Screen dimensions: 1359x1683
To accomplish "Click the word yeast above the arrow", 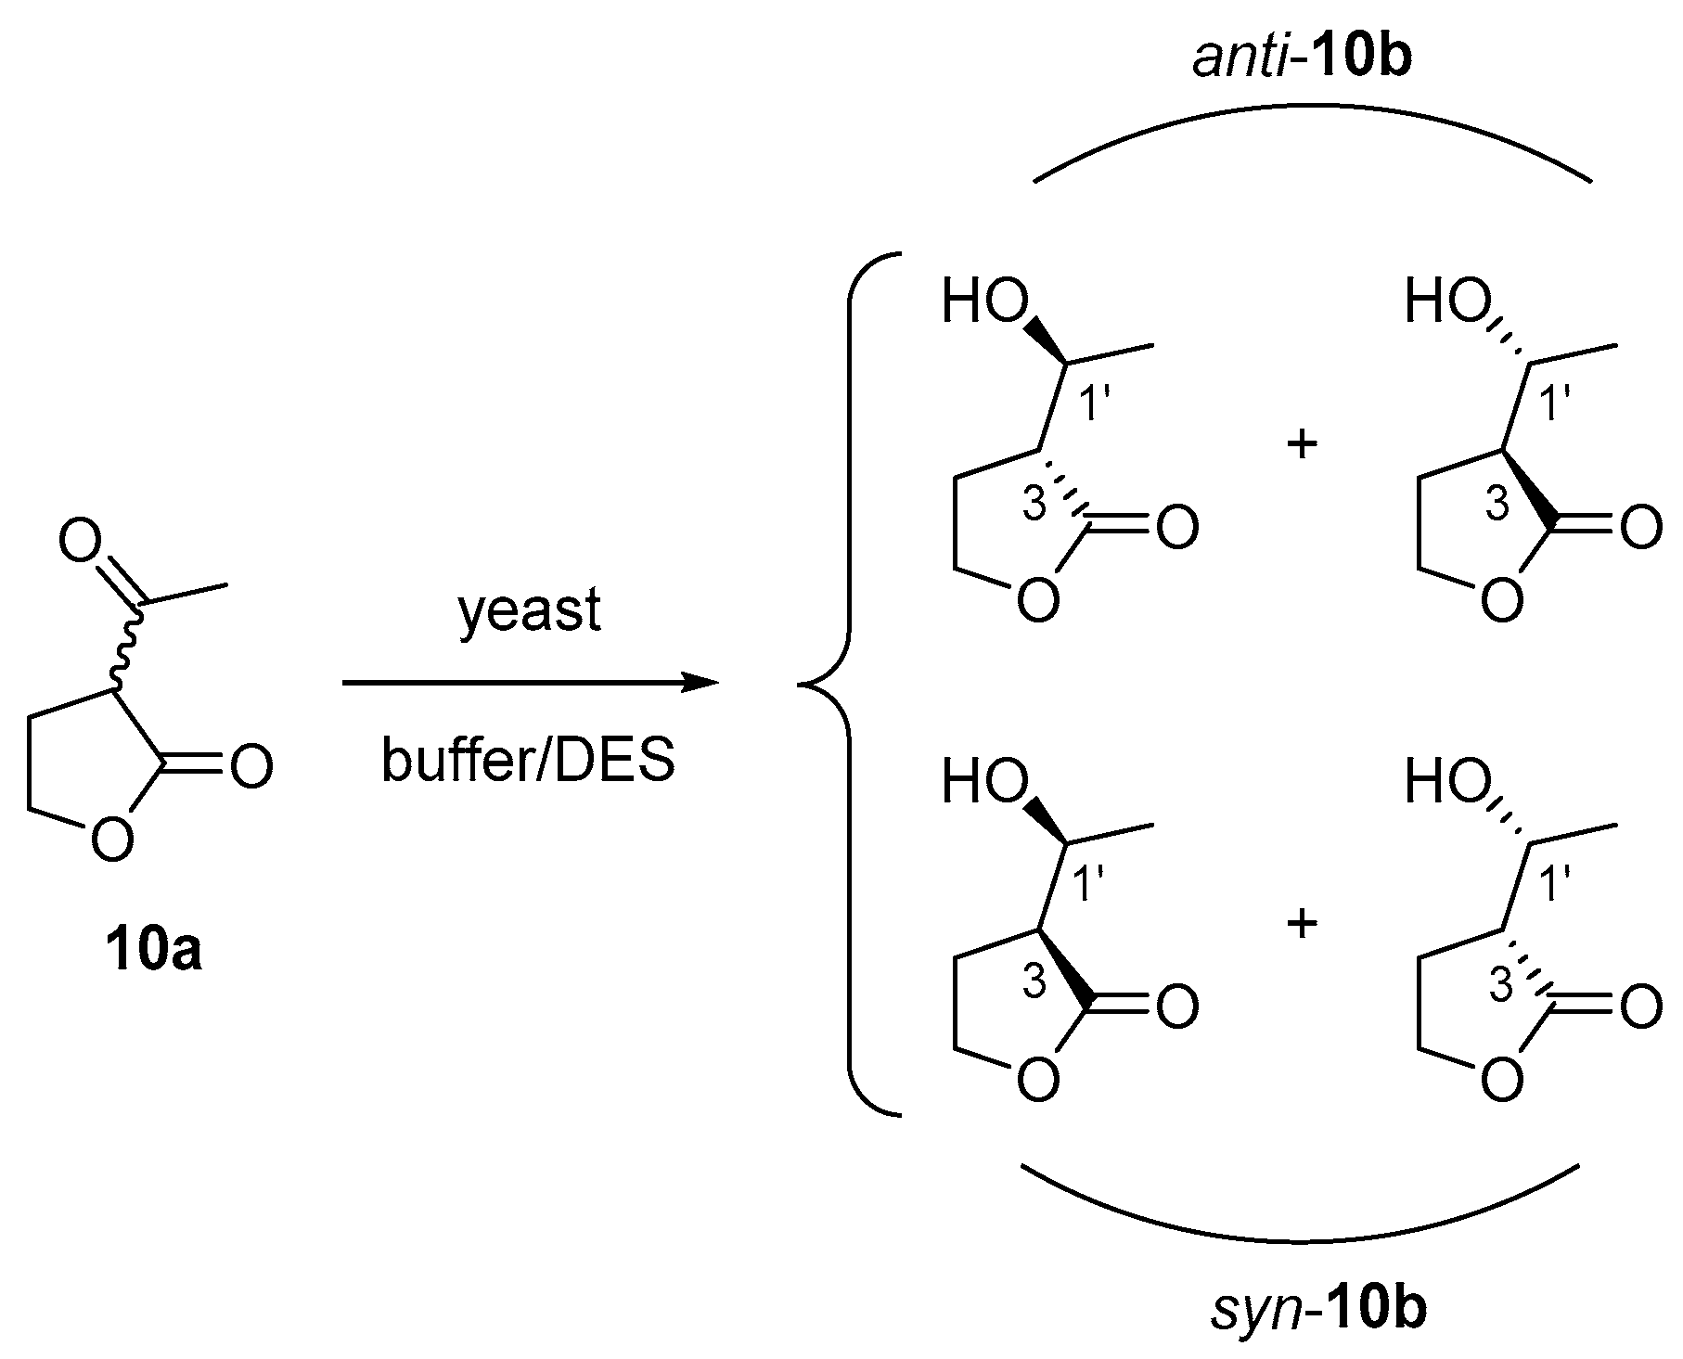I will click(x=530, y=613).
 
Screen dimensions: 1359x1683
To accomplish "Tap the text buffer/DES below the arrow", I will click(x=528, y=763).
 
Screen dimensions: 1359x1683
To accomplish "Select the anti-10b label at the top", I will click(x=1301, y=59).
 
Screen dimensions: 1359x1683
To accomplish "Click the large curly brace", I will click(x=840, y=684).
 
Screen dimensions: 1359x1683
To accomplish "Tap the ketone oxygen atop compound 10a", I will click(x=80, y=542).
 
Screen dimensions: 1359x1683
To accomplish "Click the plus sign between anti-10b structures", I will click(x=1303, y=445).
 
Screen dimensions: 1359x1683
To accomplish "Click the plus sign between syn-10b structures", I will click(x=1303, y=924).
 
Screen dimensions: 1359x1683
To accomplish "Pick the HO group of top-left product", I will click(x=985, y=302).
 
